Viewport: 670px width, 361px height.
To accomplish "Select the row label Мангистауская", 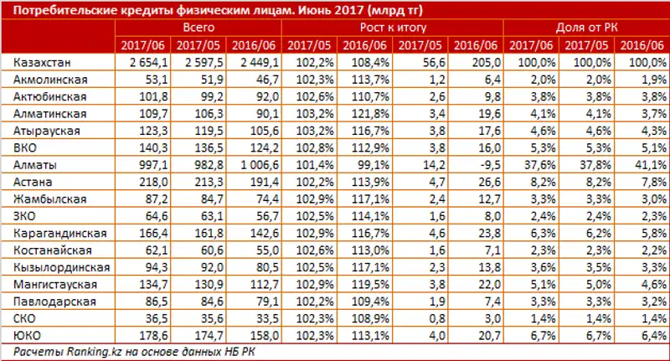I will click(54, 284).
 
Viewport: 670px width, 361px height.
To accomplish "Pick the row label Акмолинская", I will click(51, 78).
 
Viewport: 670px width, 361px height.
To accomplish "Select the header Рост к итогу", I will click(389, 28).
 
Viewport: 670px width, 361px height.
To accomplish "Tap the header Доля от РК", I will click(582, 28).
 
